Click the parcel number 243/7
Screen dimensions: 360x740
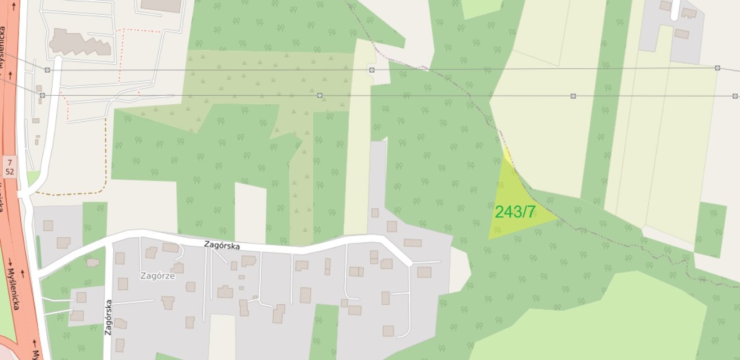pyautogui.click(x=515, y=212)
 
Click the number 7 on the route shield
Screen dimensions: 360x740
pyautogui.click(x=9, y=162)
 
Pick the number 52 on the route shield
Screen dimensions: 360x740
pyautogui.click(x=9, y=171)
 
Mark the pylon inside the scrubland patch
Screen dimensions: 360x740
pyautogui.click(x=320, y=95)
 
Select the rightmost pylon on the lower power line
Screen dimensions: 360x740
pyautogui.click(x=735, y=96)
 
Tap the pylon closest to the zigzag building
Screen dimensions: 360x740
pyautogui.click(x=47, y=70)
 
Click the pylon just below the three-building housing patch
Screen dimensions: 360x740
pyautogui.click(x=717, y=68)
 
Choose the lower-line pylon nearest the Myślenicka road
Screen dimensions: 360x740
pyautogui.click(x=42, y=96)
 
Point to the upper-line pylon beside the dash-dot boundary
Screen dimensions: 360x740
pyautogui.click(x=372, y=70)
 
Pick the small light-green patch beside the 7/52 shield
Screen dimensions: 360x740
pyautogui.click(x=33, y=178)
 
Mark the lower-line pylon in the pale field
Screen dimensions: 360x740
pyautogui.click(x=573, y=96)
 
